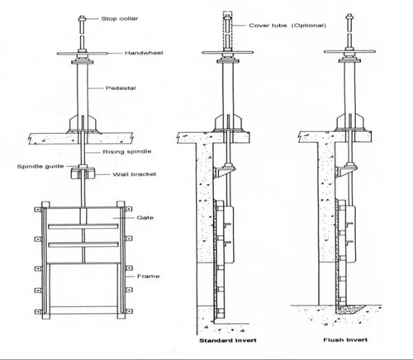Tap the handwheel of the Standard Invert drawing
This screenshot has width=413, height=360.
point(226,57)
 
